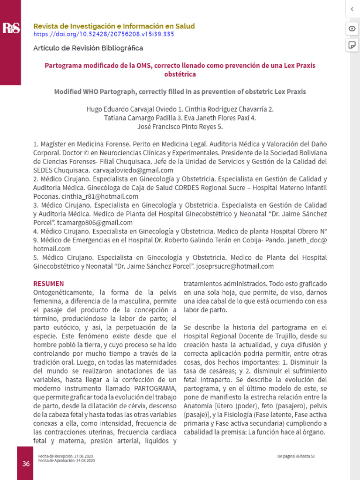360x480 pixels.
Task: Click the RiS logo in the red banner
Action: (x=10, y=29)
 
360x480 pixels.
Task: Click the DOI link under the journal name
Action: (x=104, y=34)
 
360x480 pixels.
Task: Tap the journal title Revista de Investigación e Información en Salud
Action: (x=114, y=26)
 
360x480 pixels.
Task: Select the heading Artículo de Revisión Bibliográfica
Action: (x=88, y=48)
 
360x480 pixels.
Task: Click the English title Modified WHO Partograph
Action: (x=180, y=91)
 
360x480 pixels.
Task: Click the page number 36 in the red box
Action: (x=26, y=464)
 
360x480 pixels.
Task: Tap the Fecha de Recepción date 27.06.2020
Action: (x=84, y=456)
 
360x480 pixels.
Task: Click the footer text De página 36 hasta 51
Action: (x=295, y=456)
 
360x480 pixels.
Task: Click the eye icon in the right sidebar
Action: (x=352, y=29)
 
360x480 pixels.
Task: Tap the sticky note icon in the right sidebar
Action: (x=352, y=45)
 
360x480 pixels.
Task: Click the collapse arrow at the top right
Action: (x=352, y=9)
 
